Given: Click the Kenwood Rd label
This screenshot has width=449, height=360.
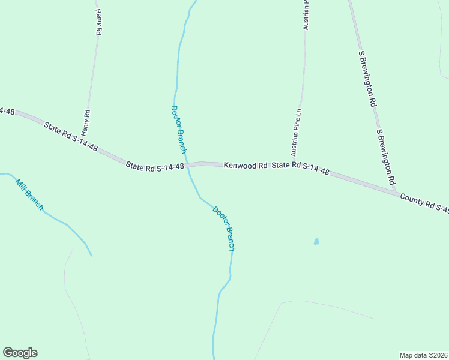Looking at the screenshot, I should pos(246,165).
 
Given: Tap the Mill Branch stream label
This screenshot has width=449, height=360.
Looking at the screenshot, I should pos(29,195).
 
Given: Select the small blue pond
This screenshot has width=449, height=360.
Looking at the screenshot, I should pos(316,242).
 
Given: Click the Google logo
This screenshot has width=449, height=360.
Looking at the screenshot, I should pos(20,353).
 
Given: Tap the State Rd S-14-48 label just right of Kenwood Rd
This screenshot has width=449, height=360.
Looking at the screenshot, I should pos(300,168).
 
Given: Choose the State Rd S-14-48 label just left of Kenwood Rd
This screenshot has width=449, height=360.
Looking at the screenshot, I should pos(155,166).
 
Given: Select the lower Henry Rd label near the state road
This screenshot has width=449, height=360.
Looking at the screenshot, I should pos(87,122).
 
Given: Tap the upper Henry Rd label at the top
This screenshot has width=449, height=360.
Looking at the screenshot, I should pos(98,22).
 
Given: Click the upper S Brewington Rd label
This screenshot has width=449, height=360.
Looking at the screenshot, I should pos(367,78).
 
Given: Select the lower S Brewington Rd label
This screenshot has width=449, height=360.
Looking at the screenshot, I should pos(385,156).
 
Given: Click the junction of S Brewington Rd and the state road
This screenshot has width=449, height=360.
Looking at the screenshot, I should pos(397,193).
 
